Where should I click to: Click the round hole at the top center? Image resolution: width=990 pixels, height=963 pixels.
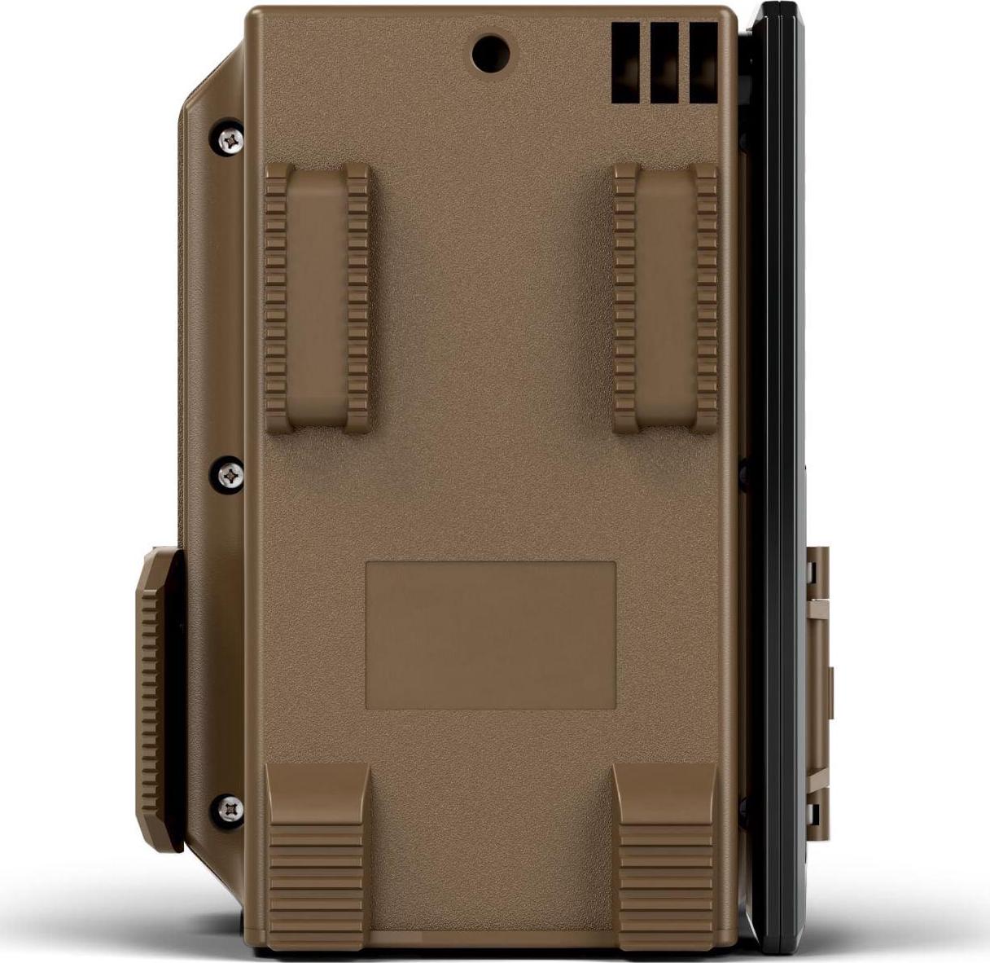(492, 53)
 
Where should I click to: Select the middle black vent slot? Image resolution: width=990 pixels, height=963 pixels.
(664, 63)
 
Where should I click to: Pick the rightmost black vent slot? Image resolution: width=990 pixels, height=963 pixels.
(703, 63)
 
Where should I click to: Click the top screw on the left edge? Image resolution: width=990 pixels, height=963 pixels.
(232, 139)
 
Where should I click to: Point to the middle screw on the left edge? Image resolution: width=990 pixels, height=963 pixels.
(232, 472)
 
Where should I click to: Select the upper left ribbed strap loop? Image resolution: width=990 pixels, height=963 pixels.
(318, 297)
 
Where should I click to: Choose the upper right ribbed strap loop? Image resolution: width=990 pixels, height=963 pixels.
(666, 297)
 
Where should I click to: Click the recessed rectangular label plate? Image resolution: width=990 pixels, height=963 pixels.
(490, 635)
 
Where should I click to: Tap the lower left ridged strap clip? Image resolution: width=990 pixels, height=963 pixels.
(317, 847)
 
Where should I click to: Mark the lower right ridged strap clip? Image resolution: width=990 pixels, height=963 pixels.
(665, 847)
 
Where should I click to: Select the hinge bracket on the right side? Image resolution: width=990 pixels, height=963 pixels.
(817, 693)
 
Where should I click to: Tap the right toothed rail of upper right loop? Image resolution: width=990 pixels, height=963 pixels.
(706, 297)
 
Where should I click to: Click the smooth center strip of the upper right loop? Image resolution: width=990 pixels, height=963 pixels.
(666, 297)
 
